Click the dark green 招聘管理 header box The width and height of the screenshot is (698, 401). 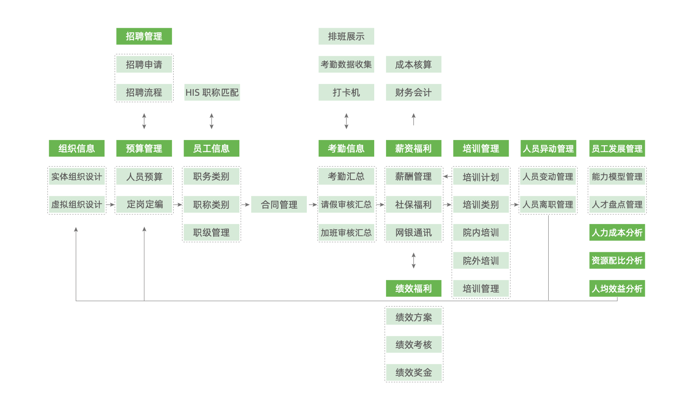click(x=144, y=37)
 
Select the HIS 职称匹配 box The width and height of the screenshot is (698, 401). click(x=212, y=93)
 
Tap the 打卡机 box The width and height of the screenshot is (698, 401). click(x=346, y=93)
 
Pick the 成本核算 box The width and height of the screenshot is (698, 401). click(x=413, y=64)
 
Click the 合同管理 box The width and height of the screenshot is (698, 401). click(x=279, y=205)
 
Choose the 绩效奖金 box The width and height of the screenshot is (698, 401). click(x=413, y=373)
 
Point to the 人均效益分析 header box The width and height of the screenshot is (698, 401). click(x=617, y=289)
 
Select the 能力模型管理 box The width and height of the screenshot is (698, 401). click(x=617, y=177)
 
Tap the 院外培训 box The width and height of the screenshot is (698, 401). click(x=481, y=261)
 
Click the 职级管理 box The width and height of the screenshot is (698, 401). click(x=211, y=233)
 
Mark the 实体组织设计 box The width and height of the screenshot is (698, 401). click(x=77, y=177)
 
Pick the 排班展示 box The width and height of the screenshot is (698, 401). click(x=346, y=37)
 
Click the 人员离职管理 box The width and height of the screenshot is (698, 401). click(x=548, y=205)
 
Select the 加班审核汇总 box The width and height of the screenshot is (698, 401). click(x=346, y=233)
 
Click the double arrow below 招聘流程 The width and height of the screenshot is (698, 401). click(x=144, y=121)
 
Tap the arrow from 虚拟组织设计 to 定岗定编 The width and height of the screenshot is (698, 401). click(x=110, y=204)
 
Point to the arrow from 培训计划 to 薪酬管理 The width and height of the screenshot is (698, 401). click(x=447, y=177)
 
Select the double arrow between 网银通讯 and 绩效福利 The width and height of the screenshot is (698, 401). click(x=413, y=261)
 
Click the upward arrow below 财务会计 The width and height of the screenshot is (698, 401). click(x=413, y=119)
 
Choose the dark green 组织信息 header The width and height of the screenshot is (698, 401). click(x=77, y=149)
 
